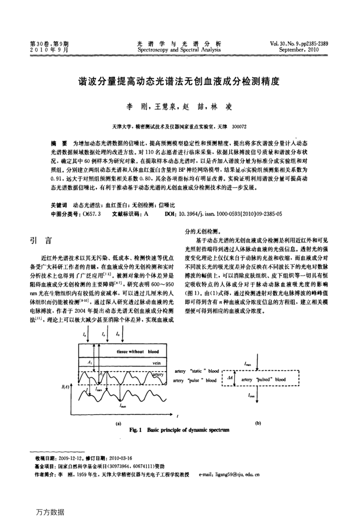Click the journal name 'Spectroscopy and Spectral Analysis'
[x=179, y=50]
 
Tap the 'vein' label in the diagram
[x=156, y=361]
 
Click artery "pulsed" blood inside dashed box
[x=266, y=380]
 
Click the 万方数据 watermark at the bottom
[x=50, y=512]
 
